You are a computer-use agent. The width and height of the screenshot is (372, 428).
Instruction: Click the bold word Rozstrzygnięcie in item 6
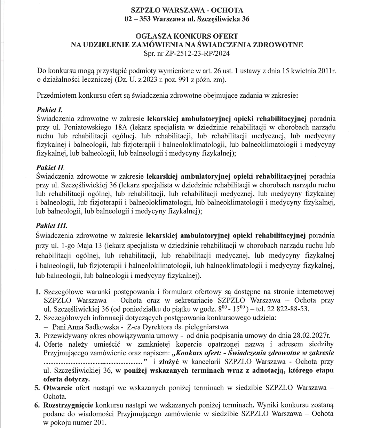click(68, 405)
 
